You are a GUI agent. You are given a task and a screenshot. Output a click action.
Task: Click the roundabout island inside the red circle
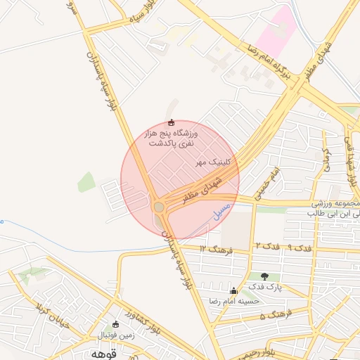pos(160,207)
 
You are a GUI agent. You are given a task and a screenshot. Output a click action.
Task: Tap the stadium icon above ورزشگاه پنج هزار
pos(172,124)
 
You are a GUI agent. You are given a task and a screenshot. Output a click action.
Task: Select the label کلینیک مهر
pos(215,162)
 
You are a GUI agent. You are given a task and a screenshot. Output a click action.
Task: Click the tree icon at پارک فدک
pos(264,276)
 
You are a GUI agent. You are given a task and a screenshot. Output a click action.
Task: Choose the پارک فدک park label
pos(264,288)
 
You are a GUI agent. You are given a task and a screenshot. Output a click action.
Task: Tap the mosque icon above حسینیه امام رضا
pos(233,290)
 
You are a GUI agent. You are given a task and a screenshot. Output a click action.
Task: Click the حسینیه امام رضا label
pos(234,301)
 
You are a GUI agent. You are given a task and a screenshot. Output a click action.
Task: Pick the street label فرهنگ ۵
pos(273,316)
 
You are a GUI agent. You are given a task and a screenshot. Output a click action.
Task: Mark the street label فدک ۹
pos(300,248)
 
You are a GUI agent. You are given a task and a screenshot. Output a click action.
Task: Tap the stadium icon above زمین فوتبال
pos(115,324)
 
